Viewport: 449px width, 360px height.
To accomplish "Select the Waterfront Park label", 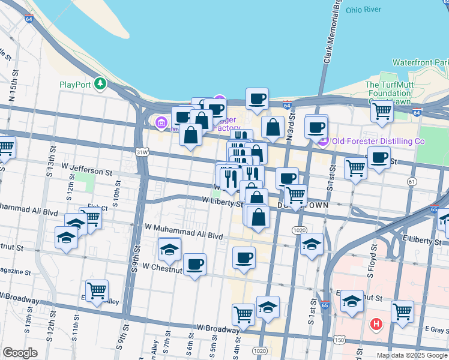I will pyautogui.click(x=420, y=62).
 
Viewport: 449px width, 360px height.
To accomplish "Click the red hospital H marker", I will pyautogui.click(x=376, y=325).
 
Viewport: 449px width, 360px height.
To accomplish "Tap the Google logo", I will pyautogui.click(x=20, y=353).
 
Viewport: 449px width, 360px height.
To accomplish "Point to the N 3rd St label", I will pyautogui.click(x=290, y=121).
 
